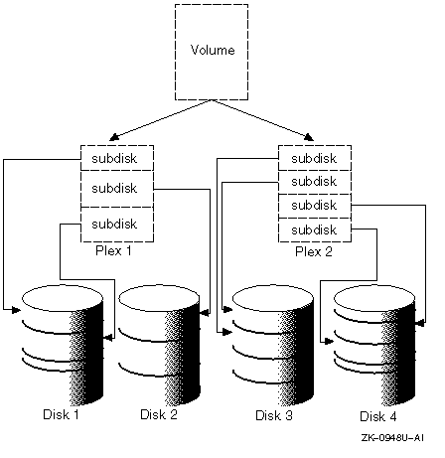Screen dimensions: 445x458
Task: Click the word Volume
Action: click(213, 50)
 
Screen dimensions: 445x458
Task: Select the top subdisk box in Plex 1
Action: click(117, 158)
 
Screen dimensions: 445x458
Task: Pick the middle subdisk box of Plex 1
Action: click(117, 189)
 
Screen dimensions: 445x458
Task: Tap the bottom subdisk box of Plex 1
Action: click(117, 225)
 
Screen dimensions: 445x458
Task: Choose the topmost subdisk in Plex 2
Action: click(315, 158)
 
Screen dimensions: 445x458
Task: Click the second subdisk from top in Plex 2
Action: click(315, 182)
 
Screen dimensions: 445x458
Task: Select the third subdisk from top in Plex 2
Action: click(315, 206)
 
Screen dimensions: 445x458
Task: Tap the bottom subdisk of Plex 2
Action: click(315, 230)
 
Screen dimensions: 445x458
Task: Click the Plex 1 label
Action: click(113, 250)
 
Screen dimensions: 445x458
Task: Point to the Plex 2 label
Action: click(314, 251)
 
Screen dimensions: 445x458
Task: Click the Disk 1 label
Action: click(61, 414)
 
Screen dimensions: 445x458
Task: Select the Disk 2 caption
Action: click(159, 414)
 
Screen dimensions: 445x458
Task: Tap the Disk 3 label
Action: click(274, 415)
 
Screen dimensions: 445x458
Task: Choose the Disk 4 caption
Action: click(378, 416)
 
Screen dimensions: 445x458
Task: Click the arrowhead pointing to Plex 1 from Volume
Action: click(113, 137)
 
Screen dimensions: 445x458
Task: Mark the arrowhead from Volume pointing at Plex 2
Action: click(309, 137)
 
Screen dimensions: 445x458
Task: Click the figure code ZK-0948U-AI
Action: click(392, 438)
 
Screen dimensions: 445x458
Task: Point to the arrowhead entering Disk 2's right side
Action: click(205, 312)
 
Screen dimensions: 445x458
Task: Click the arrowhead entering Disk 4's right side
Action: click(420, 322)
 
